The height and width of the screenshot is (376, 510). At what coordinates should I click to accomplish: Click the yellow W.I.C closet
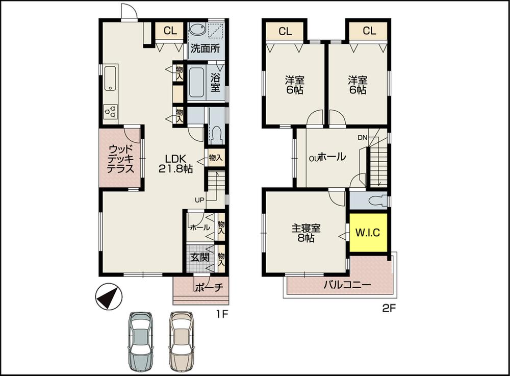click(x=368, y=233)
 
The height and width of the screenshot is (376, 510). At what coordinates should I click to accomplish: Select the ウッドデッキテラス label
click(x=121, y=159)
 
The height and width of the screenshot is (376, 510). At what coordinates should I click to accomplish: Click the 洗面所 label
click(x=205, y=49)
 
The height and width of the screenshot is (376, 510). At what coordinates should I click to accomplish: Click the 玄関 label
click(x=199, y=257)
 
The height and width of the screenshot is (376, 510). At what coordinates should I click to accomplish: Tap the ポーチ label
click(x=209, y=287)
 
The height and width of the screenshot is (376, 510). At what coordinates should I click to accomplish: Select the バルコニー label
click(x=347, y=285)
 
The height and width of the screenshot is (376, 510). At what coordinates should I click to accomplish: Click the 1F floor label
click(x=221, y=314)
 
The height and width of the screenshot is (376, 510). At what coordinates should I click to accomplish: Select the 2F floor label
click(x=389, y=309)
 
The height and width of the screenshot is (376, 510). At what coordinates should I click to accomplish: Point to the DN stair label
click(x=362, y=137)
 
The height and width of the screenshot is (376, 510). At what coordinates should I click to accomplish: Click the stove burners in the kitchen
click(x=111, y=110)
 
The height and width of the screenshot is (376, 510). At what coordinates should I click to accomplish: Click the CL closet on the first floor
click(x=170, y=31)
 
